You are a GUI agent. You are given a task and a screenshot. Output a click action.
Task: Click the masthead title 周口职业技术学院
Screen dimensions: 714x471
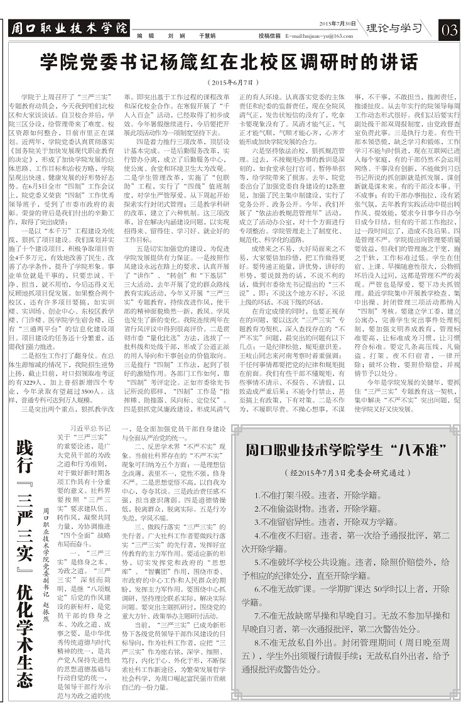pos(69,28)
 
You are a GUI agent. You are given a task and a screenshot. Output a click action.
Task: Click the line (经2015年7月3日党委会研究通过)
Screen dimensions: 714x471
pos(346,472)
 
